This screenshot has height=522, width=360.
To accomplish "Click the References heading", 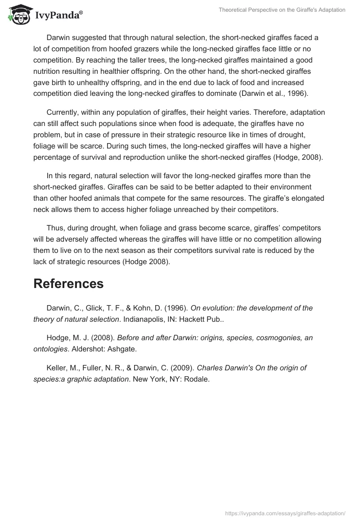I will (x=68, y=283).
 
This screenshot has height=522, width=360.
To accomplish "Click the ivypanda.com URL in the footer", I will (x=285, y=513).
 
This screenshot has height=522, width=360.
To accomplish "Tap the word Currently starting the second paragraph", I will (x=63, y=112).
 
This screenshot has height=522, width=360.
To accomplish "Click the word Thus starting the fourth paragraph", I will (x=55, y=228).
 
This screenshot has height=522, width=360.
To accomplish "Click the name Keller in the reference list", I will (x=56, y=368).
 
